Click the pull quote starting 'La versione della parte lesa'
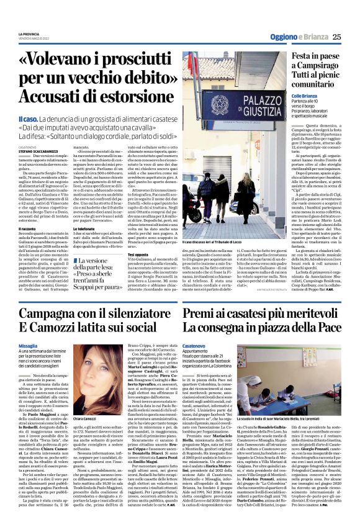click(x=97, y=267)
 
